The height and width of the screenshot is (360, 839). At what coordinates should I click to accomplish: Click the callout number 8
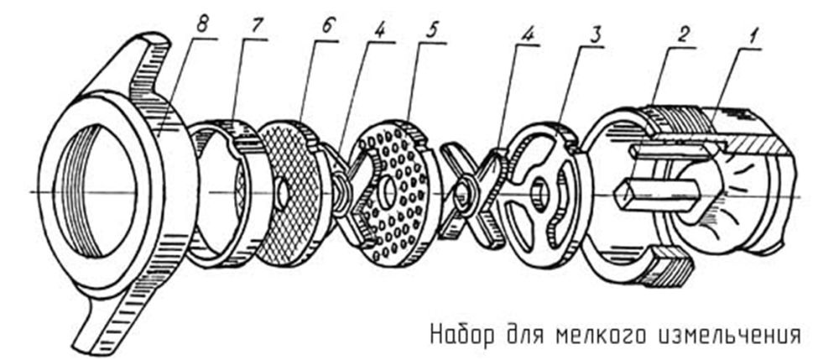(201, 26)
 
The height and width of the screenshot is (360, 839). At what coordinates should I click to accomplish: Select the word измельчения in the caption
(726, 333)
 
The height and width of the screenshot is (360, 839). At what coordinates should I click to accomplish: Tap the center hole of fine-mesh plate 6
(283, 194)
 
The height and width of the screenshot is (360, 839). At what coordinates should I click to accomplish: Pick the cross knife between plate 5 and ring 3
(473, 195)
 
